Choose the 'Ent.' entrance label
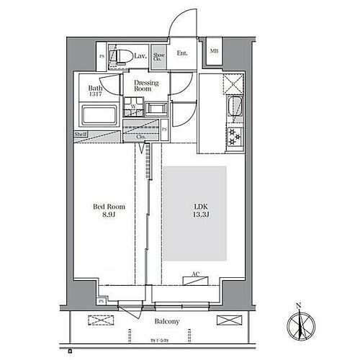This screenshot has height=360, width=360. coord(182,53)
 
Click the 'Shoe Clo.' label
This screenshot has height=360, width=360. coord(158,56)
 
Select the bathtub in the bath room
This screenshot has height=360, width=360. coord(99,115)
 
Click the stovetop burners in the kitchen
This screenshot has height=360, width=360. coord(234,135)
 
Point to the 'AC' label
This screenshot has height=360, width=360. coord(195,274)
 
